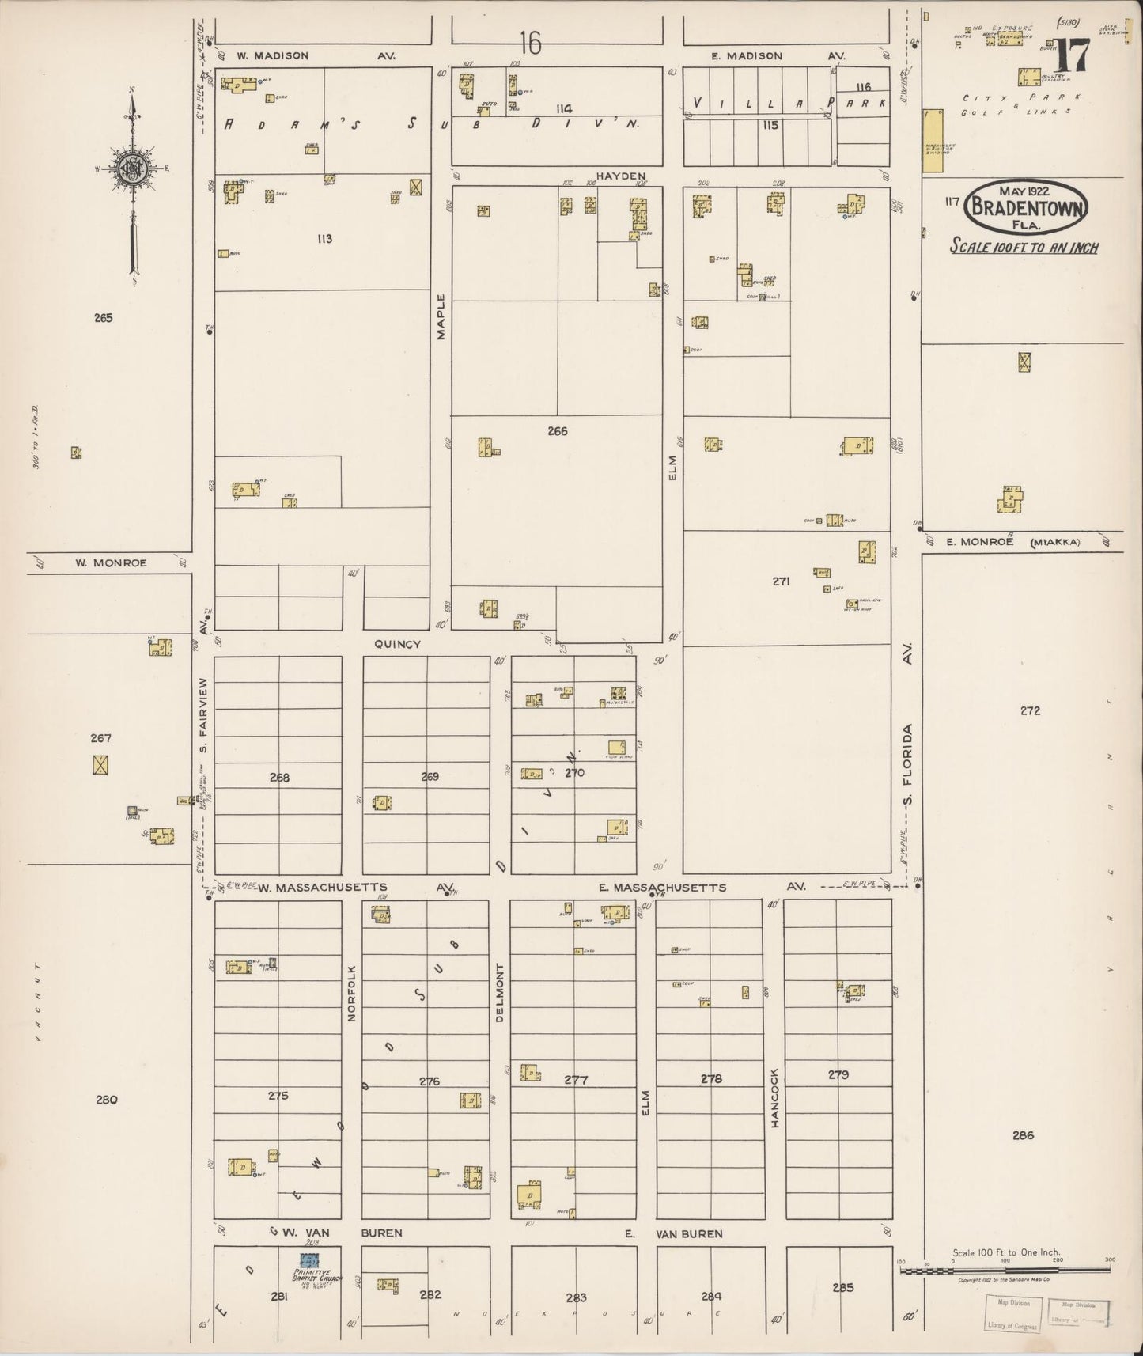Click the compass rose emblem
click(x=131, y=167)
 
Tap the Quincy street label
click(x=397, y=644)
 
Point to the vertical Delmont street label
click(x=499, y=993)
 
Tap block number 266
click(x=557, y=431)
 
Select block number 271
click(x=782, y=581)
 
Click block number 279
click(x=838, y=1074)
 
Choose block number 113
click(x=324, y=238)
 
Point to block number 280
click(x=106, y=1099)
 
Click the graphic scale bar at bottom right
click(x=1005, y=1271)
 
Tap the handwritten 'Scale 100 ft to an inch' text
click(x=1024, y=247)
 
